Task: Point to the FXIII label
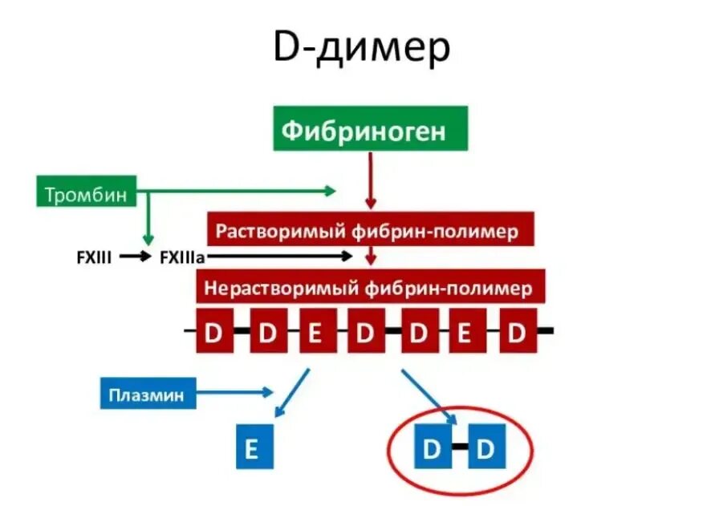click(x=93, y=257)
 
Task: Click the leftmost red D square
click(x=214, y=332)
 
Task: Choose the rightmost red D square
click(x=518, y=332)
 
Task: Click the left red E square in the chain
click(x=315, y=332)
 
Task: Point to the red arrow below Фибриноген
click(x=369, y=180)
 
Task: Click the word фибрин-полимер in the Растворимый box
click(x=442, y=232)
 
